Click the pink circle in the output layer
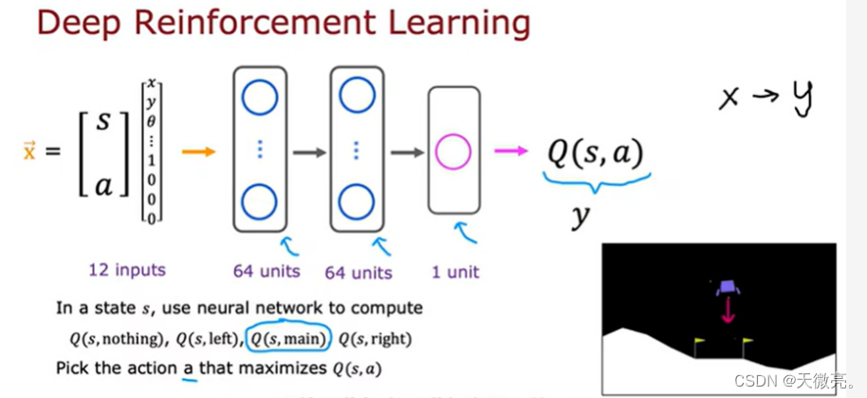[x=452, y=152]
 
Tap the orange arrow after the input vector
[x=198, y=151]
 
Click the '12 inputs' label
[x=126, y=271]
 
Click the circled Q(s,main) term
[x=287, y=338]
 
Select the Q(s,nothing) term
[x=105, y=338]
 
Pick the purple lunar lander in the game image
[x=728, y=286]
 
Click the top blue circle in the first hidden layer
[x=259, y=97]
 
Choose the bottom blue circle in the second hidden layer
[x=356, y=203]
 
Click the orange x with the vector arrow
[x=28, y=150]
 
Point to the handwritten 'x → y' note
[x=767, y=97]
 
